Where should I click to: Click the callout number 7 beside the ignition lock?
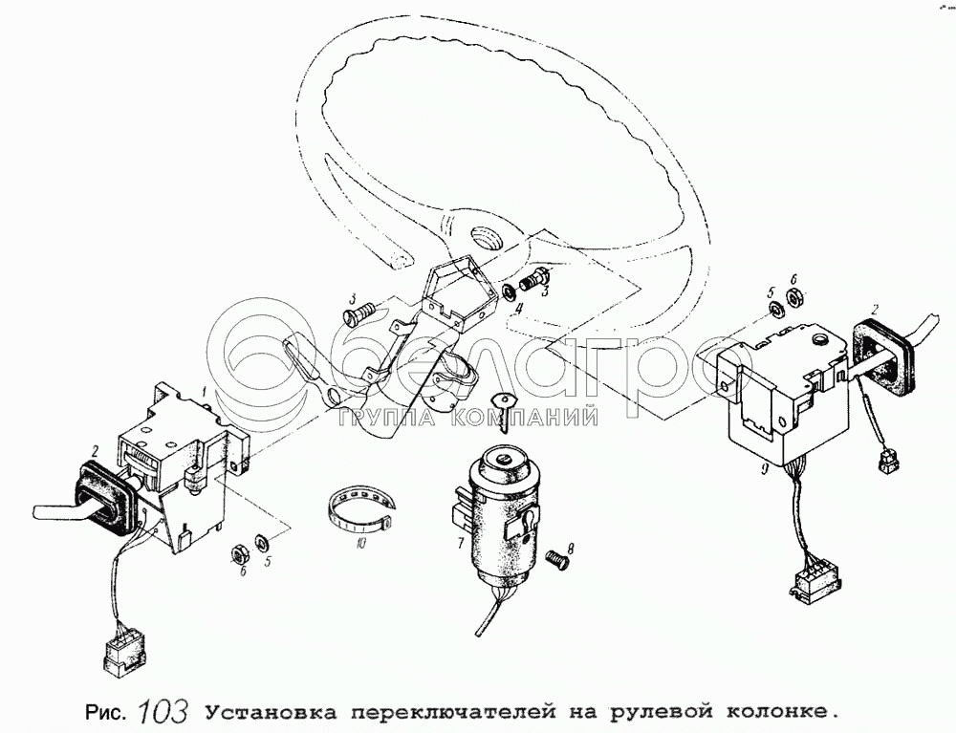(460, 542)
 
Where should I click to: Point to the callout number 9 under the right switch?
(764, 470)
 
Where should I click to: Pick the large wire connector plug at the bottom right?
(815, 582)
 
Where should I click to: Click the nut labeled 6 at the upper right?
(794, 297)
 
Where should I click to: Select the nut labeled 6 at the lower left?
(240, 554)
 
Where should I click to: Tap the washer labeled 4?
(508, 292)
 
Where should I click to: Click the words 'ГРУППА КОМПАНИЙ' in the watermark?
(467, 418)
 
